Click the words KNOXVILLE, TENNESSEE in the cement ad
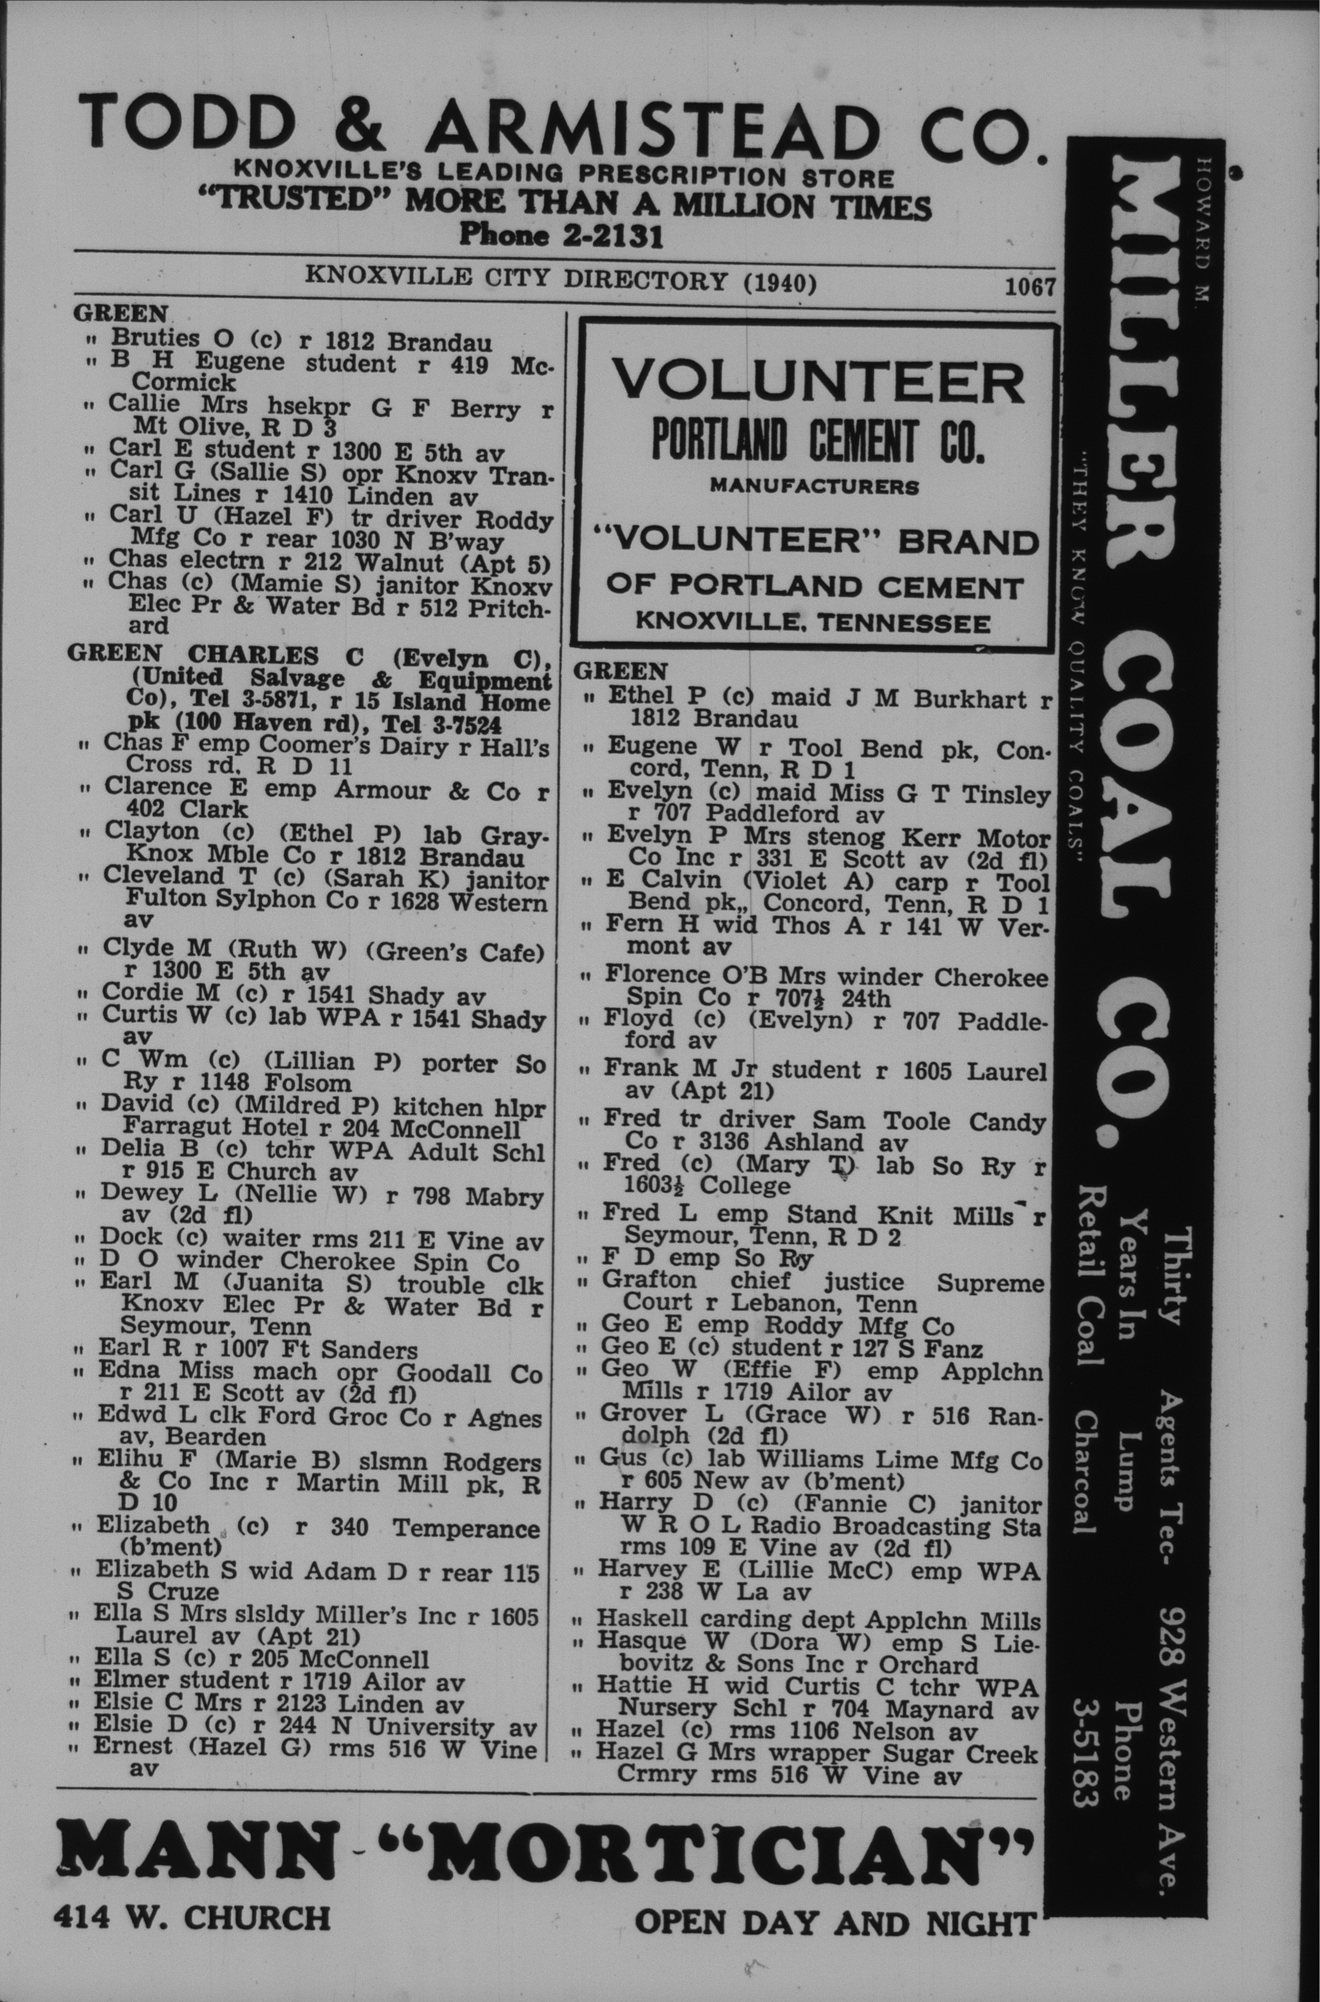813,623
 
